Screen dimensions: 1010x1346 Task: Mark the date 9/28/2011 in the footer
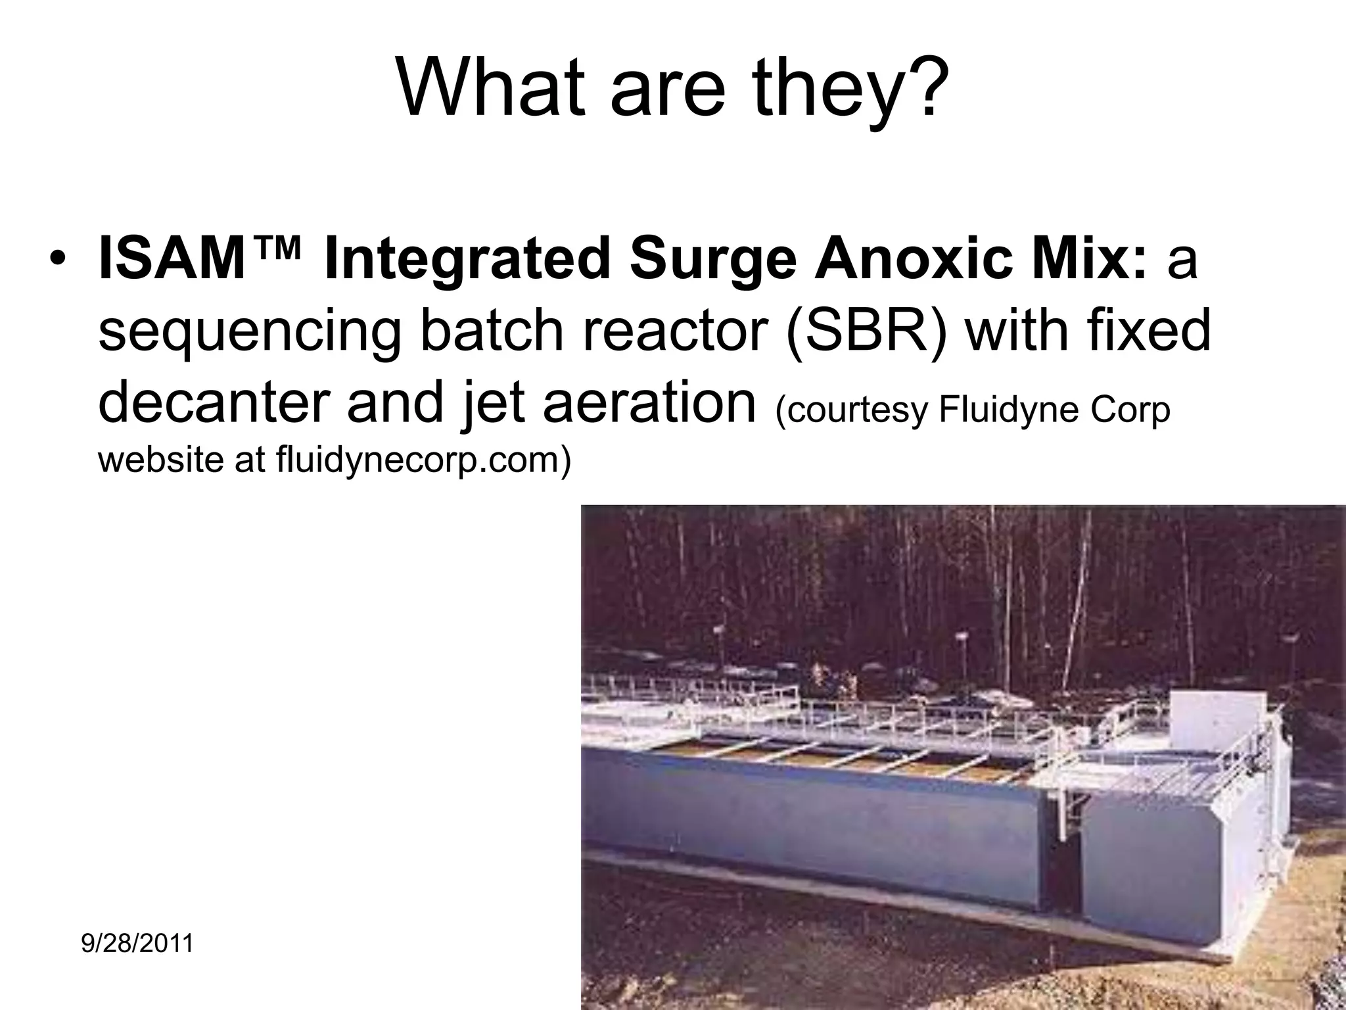137,944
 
